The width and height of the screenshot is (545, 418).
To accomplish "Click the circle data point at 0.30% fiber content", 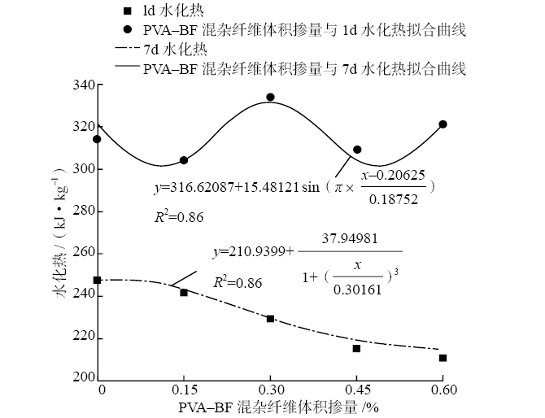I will click(x=270, y=97).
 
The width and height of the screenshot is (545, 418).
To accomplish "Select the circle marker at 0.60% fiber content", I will click(x=443, y=124).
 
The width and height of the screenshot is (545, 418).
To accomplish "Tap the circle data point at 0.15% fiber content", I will click(x=184, y=160).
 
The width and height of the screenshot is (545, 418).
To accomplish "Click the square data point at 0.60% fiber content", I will click(x=443, y=358).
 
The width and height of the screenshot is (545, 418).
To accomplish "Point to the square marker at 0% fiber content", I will click(x=98, y=280).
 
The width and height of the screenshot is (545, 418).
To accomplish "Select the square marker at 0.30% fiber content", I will click(x=270, y=319).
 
